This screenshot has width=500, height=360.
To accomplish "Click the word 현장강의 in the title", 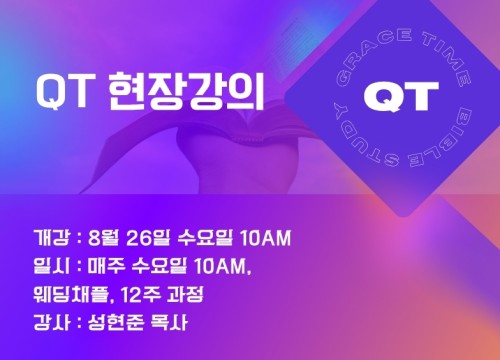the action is point(186,92).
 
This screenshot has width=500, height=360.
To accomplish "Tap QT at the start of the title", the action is point(64,92).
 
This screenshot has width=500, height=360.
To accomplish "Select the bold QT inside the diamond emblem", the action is point(401,96).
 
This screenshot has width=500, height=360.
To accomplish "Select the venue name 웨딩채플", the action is point(71,295).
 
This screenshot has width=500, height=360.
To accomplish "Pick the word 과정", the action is point(185,295).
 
